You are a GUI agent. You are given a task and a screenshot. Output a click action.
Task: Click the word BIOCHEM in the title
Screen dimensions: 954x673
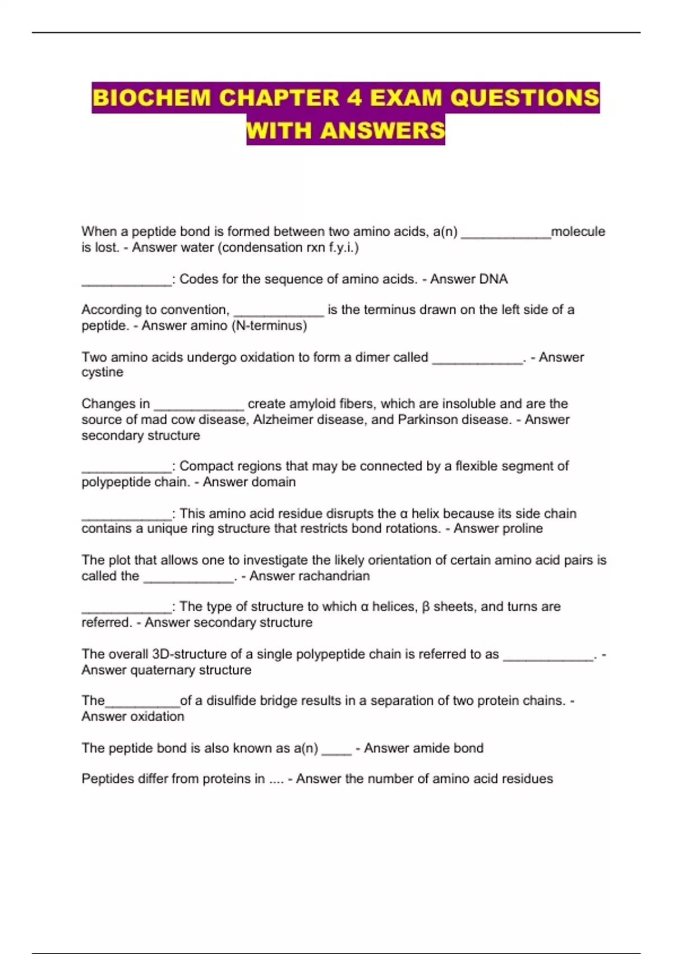tap(151, 98)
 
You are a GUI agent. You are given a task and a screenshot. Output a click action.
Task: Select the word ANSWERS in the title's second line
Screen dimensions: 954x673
tap(383, 130)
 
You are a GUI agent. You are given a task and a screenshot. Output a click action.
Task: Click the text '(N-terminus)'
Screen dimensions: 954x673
tap(269, 325)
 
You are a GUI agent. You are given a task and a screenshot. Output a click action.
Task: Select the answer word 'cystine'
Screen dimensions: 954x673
tap(102, 373)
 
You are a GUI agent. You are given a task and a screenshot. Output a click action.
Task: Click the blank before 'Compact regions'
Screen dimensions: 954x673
tap(126, 470)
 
